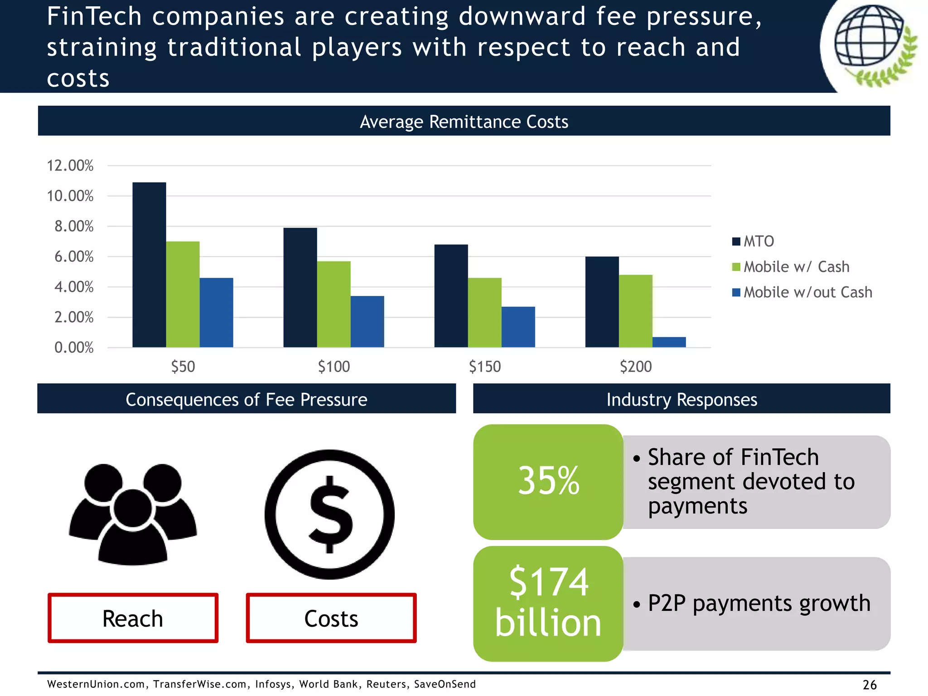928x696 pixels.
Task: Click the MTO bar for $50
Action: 149,265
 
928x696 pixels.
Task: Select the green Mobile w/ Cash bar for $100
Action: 333,304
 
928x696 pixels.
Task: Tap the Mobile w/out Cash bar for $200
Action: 669,342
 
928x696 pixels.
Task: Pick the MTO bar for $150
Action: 451,296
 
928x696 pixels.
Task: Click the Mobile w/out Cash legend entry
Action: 802,292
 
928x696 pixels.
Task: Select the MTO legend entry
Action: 753,241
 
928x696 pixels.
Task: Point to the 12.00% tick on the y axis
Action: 70,166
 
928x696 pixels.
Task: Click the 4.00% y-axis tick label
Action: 74,287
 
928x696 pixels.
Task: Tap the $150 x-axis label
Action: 484,367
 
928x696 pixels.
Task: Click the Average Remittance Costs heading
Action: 464,121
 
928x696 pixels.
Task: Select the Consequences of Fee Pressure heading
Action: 246,399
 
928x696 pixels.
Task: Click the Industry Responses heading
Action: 681,399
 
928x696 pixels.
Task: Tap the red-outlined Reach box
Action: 133,619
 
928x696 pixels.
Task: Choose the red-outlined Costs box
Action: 331,619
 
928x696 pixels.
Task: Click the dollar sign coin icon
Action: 329,514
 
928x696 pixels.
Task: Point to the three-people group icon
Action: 133,514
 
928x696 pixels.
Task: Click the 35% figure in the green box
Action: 548,481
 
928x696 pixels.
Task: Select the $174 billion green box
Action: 548,603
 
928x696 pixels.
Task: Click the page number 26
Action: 869,684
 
